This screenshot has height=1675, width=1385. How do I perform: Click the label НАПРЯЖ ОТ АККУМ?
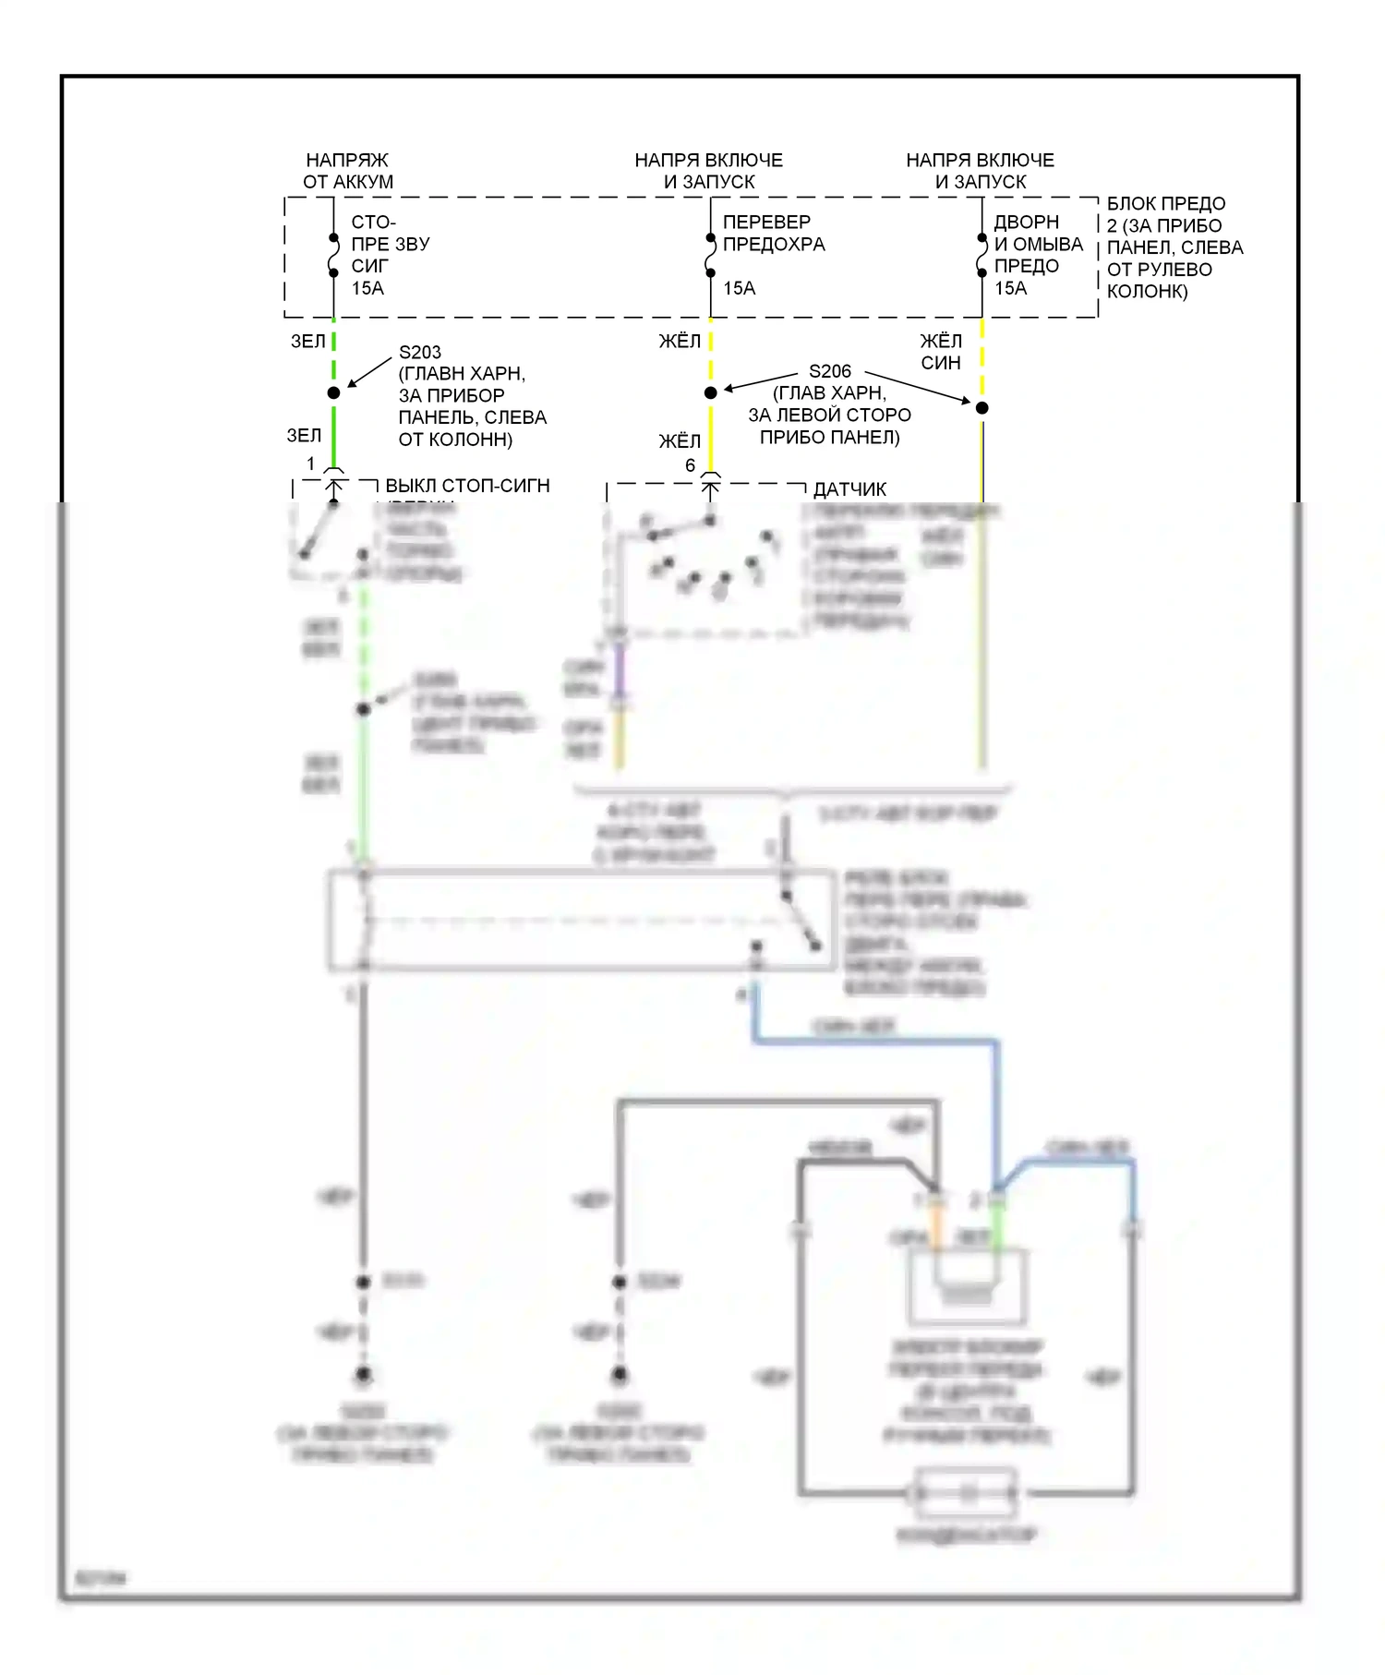[348, 171]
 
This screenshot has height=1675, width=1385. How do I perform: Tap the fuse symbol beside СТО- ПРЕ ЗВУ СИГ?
[334, 256]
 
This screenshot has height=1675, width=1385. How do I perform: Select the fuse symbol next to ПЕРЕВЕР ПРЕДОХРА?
[710, 256]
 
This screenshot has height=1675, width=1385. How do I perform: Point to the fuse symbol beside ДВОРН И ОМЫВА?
[982, 256]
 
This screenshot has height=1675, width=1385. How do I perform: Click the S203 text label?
[420, 352]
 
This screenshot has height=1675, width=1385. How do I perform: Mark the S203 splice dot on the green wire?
[334, 393]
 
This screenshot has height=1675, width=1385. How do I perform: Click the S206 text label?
[829, 371]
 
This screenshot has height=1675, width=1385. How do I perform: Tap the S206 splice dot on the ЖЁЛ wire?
[710, 393]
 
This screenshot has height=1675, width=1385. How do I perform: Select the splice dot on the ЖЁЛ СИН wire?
[982, 407]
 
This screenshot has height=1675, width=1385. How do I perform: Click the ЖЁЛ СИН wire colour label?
[941, 352]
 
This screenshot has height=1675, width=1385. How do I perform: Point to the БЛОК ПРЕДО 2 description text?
[1174, 247]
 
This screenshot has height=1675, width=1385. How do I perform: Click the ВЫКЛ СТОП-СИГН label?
[467, 486]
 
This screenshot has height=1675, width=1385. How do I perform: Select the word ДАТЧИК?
[849, 489]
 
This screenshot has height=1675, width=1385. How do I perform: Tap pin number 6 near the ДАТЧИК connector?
[690, 465]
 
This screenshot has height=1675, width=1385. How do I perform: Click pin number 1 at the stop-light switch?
[310, 464]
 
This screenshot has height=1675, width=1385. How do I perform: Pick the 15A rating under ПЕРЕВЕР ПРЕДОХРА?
[739, 288]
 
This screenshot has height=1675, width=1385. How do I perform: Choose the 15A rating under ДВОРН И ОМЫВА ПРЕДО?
[1010, 288]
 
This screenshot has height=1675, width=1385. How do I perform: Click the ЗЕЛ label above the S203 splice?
[307, 342]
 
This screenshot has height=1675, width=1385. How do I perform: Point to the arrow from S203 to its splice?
[368, 371]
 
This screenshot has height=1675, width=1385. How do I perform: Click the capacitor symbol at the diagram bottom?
[966, 1492]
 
